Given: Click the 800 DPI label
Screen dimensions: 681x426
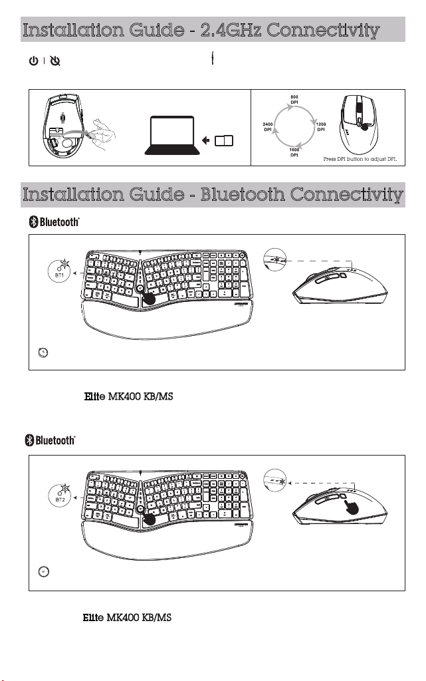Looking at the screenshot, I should point(294,100).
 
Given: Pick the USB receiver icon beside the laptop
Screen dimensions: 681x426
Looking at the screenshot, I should point(225,140).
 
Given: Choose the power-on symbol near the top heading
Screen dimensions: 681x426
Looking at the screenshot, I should point(32,61).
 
